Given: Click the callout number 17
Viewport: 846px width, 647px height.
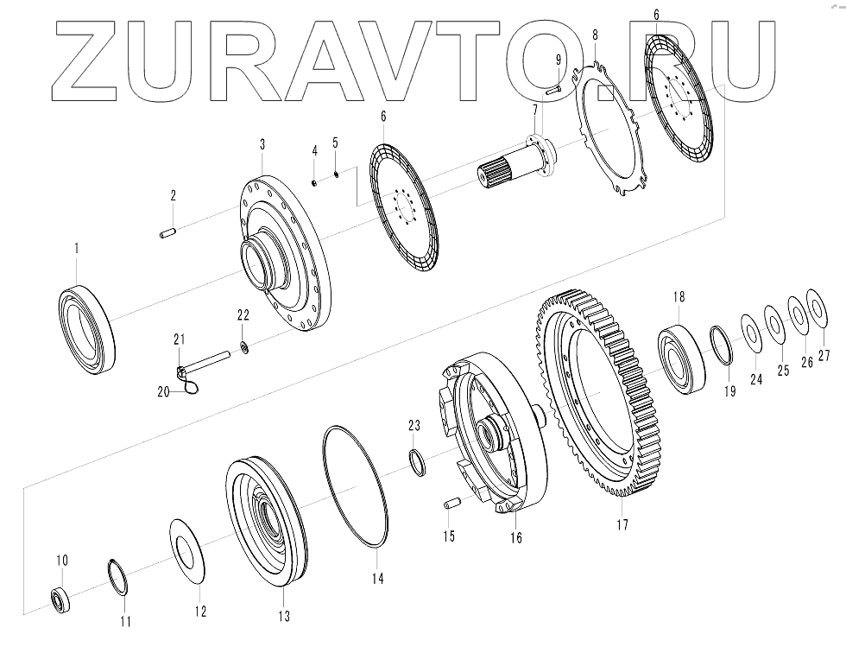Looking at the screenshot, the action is [x=622, y=523].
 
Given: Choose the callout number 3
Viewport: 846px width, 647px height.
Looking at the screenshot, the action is [x=262, y=144].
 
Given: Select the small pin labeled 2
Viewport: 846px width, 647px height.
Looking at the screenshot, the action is [x=168, y=233].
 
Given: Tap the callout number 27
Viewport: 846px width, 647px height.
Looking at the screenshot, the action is [x=824, y=357].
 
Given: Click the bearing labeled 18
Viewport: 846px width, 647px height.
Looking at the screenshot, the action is [x=682, y=358].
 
